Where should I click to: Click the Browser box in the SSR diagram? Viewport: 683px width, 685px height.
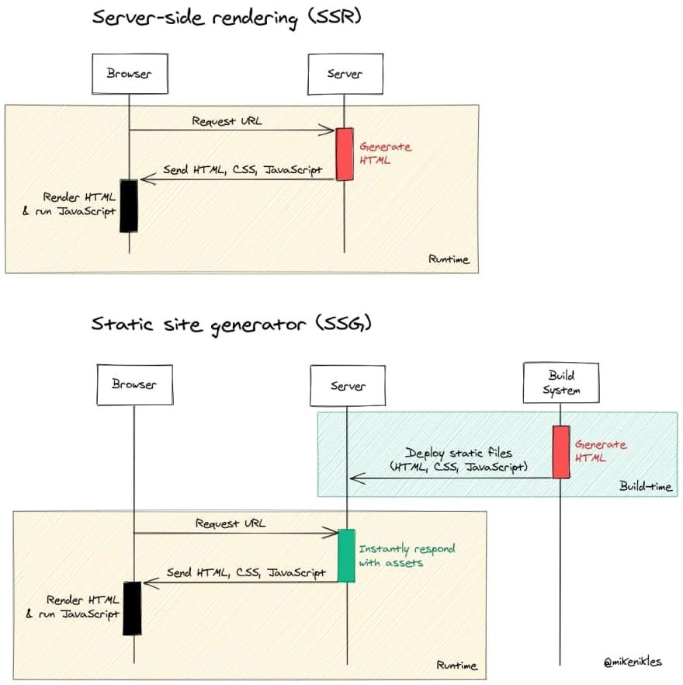pyautogui.click(x=129, y=74)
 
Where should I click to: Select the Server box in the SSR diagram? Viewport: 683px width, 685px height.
pyautogui.click(x=345, y=74)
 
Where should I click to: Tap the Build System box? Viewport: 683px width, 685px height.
pyautogui.click(x=560, y=383)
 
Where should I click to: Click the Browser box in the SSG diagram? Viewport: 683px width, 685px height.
pyautogui.click(x=133, y=384)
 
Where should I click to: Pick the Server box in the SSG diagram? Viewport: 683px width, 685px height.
pyautogui.click(x=347, y=386)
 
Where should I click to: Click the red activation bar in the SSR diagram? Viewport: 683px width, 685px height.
pyautogui.click(x=344, y=154)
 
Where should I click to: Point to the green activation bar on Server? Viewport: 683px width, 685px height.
pyautogui.click(x=346, y=555)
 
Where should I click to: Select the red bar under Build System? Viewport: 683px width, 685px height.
pyautogui.click(x=560, y=452)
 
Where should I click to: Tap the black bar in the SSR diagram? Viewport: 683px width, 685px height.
pyautogui.click(x=129, y=205)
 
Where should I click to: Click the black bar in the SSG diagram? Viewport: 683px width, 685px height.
pyautogui.click(x=133, y=607)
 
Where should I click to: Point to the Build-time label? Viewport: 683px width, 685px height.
pyautogui.click(x=645, y=486)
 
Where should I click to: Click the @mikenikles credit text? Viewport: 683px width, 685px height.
pyautogui.click(x=632, y=662)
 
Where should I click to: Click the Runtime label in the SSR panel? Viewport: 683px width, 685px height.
pyautogui.click(x=449, y=259)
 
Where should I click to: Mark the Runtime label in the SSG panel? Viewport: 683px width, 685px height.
pyautogui.click(x=456, y=666)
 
